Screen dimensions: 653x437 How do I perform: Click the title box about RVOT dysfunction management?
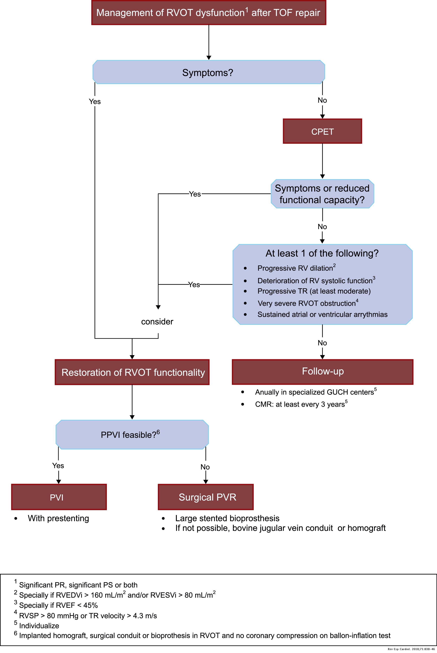(208, 13)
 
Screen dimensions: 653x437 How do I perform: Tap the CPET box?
(322, 131)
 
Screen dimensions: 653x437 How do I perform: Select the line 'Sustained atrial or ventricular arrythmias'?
(322, 314)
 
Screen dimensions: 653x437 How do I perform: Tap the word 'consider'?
(157, 322)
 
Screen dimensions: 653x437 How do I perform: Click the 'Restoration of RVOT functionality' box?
(132, 372)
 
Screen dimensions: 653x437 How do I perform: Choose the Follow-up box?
(322, 371)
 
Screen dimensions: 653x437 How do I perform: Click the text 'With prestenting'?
(58, 518)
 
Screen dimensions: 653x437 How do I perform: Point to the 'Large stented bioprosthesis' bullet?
(227, 518)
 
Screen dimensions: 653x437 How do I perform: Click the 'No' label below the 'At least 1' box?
(322, 343)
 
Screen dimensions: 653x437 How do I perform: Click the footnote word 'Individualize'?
(39, 626)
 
